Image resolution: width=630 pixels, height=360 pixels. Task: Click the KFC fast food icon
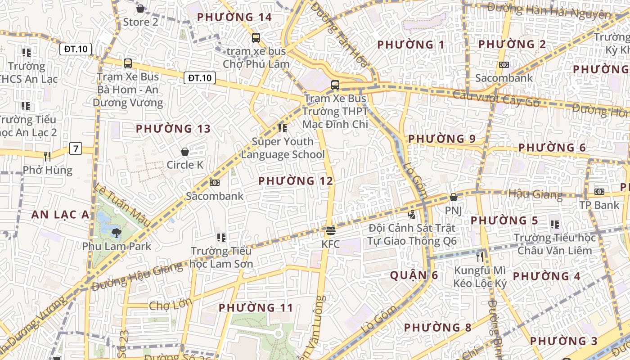331,231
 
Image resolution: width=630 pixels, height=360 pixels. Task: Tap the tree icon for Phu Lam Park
117,233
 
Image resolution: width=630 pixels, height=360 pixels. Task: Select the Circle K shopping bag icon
185,152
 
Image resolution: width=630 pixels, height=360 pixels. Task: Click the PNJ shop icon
454,197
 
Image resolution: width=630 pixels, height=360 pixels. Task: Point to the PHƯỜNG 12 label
296,181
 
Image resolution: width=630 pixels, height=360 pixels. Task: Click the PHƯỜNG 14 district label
234,17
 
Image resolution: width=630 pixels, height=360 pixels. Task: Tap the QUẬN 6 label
414,275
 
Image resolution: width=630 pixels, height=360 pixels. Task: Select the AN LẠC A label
60,215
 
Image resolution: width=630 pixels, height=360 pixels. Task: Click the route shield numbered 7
76,148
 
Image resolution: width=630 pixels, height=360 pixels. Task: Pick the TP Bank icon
599,192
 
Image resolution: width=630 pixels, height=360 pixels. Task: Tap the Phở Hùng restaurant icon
47,157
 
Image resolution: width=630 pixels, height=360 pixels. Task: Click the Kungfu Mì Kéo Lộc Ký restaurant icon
480,257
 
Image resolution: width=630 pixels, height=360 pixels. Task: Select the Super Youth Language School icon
283,128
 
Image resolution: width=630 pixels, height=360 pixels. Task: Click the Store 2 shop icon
140,9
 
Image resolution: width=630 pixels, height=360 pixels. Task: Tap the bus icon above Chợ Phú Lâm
256,38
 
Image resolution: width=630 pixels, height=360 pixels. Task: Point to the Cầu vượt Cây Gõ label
496,99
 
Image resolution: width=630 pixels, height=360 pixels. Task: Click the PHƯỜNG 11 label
256,308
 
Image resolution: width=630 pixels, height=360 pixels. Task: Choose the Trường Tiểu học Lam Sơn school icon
221,237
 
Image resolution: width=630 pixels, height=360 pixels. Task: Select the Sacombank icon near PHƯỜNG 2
504,65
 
